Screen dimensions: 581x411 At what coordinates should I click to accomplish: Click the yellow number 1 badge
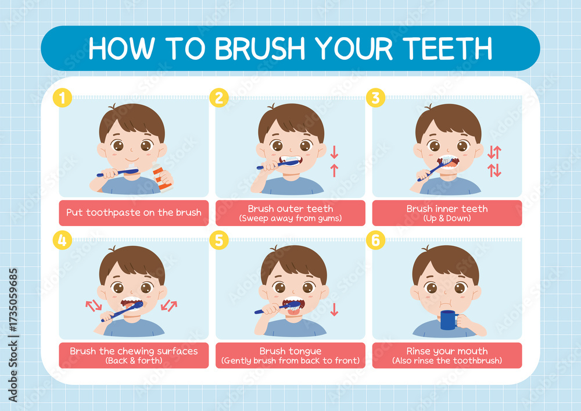(x=62, y=98)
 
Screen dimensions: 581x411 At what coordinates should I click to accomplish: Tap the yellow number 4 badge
(x=62, y=240)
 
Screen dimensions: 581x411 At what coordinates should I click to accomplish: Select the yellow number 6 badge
(x=376, y=240)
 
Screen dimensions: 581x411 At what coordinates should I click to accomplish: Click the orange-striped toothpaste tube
(x=162, y=177)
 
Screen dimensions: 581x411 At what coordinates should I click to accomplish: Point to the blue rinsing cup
(x=449, y=320)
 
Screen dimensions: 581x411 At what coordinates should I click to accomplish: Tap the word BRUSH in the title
(x=260, y=49)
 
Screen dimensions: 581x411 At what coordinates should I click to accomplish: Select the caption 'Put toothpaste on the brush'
(x=134, y=213)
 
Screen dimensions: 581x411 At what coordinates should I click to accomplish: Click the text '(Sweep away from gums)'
(x=290, y=218)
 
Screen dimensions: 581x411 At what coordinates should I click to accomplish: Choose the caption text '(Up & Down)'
(x=447, y=218)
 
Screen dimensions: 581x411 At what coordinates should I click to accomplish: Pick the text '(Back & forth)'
(x=134, y=360)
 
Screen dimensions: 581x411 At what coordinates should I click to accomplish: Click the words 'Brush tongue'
(x=290, y=351)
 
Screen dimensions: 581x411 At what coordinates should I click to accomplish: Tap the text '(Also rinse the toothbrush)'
(x=447, y=360)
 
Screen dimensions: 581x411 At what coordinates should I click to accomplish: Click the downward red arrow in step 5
(x=334, y=309)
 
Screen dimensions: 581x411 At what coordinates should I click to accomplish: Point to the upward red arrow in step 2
(x=334, y=170)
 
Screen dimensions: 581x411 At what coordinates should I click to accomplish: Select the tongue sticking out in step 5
(x=295, y=312)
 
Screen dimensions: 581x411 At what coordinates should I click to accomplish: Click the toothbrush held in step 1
(x=117, y=173)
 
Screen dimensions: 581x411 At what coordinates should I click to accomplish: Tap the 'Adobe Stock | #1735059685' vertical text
(x=13, y=335)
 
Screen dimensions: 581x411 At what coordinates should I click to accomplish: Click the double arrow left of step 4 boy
(x=94, y=306)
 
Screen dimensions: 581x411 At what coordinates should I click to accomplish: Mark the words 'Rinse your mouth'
(x=447, y=351)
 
